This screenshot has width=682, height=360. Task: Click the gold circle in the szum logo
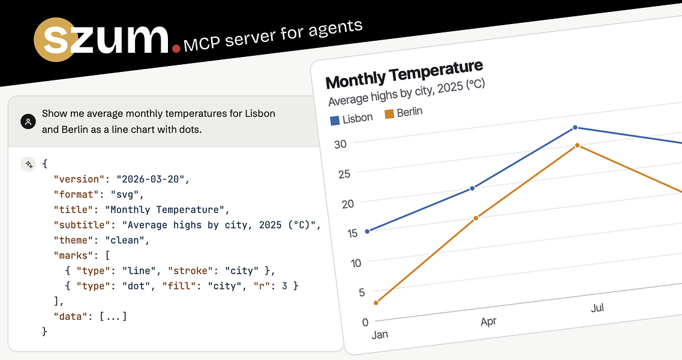click(x=56, y=40)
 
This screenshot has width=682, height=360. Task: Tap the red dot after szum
click(x=176, y=49)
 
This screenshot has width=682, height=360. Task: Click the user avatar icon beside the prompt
click(x=28, y=121)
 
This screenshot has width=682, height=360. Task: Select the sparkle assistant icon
click(x=28, y=164)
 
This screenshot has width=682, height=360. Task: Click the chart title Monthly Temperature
click(x=404, y=74)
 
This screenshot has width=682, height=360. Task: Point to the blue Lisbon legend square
click(x=335, y=121)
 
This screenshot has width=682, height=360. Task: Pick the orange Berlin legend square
click(x=389, y=113)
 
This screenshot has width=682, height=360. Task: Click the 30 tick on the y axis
click(x=341, y=144)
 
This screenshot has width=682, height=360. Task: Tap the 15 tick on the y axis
click(x=352, y=233)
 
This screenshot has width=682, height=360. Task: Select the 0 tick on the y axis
click(x=365, y=323)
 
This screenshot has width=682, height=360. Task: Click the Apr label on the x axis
click(x=488, y=322)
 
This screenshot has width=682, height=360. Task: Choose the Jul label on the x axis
click(x=597, y=308)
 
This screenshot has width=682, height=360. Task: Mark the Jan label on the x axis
click(x=380, y=335)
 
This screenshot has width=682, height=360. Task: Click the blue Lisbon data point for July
click(x=575, y=128)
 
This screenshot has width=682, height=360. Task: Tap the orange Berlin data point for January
click(x=376, y=302)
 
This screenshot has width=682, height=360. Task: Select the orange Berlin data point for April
click(x=476, y=218)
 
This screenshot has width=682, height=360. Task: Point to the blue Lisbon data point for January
click(x=367, y=232)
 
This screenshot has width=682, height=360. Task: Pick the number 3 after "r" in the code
click(x=284, y=286)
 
